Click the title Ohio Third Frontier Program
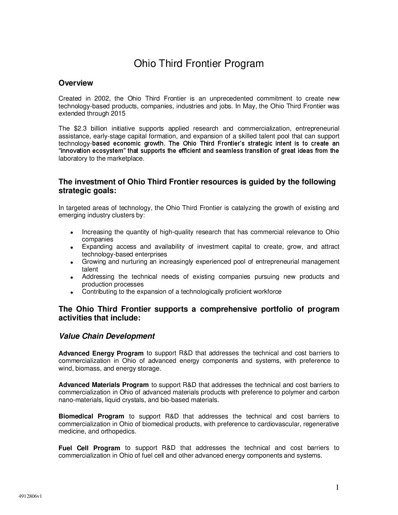(x=199, y=64)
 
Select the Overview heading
(x=76, y=83)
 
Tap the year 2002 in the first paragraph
(x=102, y=98)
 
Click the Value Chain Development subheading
(x=106, y=336)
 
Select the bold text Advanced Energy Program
(x=101, y=353)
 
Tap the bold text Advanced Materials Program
(x=104, y=385)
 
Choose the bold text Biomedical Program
(x=91, y=416)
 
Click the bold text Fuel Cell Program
(x=89, y=448)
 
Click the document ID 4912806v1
(x=31, y=497)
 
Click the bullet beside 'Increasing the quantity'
(x=72, y=233)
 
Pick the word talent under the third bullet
(x=90, y=269)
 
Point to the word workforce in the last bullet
(x=268, y=292)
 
